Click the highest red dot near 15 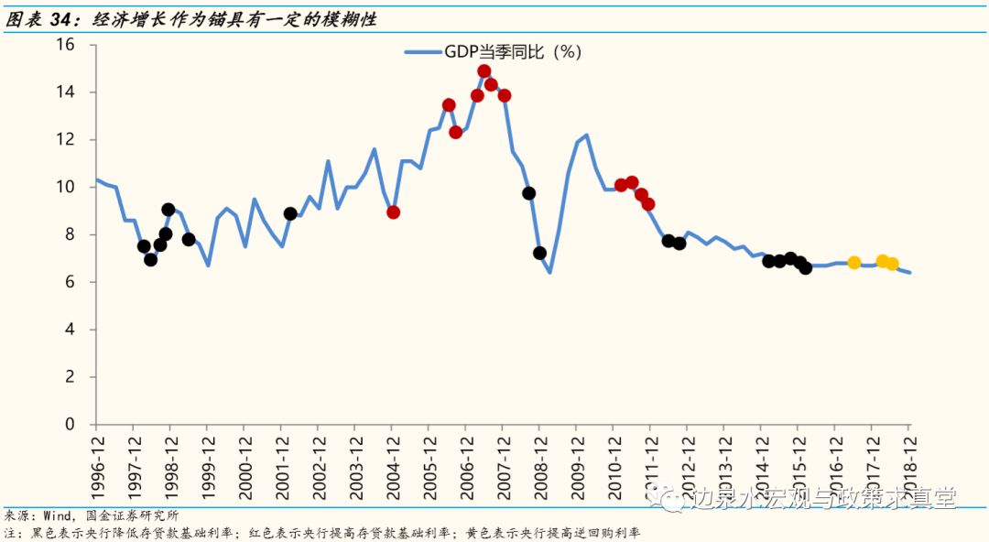pyautogui.click(x=484, y=71)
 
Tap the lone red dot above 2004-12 pyautogui.click(x=393, y=212)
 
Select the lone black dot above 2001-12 pyautogui.click(x=290, y=213)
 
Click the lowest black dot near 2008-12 pyautogui.click(x=540, y=253)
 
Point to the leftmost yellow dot pyautogui.click(x=854, y=263)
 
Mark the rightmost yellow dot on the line pyautogui.click(x=892, y=265)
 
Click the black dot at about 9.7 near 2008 pyautogui.click(x=528, y=193)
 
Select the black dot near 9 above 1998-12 pyautogui.click(x=168, y=210)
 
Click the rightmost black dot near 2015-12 pyautogui.click(x=806, y=268)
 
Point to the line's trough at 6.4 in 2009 pyautogui.click(x=550, y=272)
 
